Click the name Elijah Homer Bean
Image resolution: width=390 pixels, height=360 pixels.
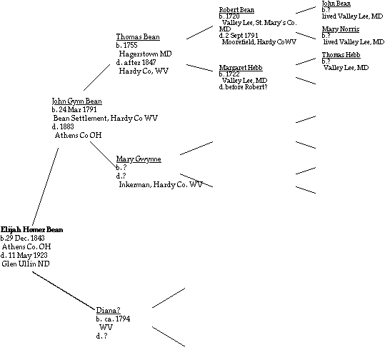coord(31,229)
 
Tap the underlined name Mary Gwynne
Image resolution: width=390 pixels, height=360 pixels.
coord(139,159)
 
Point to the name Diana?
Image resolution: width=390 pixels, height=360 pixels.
coord(108,310)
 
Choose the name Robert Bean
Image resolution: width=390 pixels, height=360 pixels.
coord(236,10)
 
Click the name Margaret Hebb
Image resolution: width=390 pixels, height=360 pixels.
coord(239,67)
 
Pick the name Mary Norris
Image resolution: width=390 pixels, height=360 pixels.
coord(341,29)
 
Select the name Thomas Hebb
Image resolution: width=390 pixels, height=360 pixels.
coord(341,55)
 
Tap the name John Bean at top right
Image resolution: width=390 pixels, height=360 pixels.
coord(336,4)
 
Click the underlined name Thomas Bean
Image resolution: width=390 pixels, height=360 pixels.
coord(137,37)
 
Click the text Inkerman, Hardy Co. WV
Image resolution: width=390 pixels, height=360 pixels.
coord(161,184)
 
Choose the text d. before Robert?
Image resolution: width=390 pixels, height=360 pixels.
coord(244,86)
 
